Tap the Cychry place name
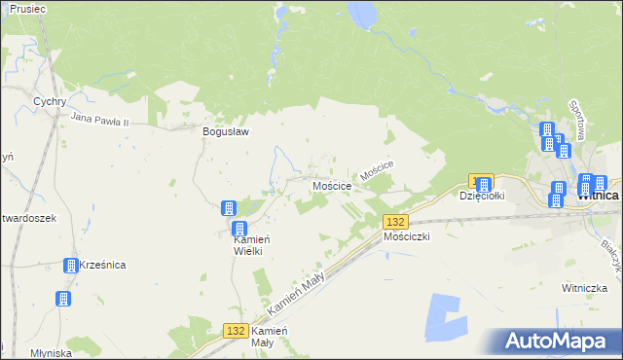(48, 100)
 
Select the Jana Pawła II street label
(113, 119)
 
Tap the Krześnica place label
(103, 265)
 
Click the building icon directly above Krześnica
(71, 265)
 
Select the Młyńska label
(51, 353)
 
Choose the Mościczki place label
(407, 236)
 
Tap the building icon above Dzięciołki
(483, 183)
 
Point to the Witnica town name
(599, 195)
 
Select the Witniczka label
(585, 288)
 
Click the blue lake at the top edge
(362, 14)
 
